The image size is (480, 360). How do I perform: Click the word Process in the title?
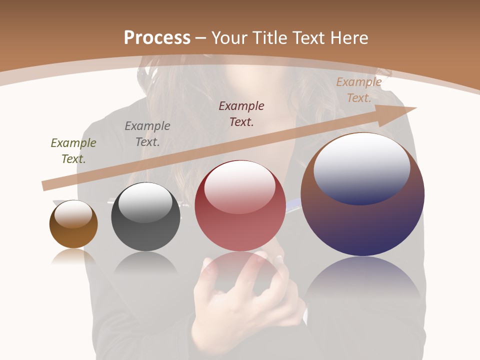157,38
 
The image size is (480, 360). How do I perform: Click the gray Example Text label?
147,134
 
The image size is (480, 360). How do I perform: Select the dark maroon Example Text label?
241,114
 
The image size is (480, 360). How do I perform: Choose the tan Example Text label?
359,90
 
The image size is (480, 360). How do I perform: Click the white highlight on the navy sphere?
362,167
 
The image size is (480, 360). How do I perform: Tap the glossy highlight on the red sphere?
239,186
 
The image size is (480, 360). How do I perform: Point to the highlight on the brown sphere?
73,214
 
